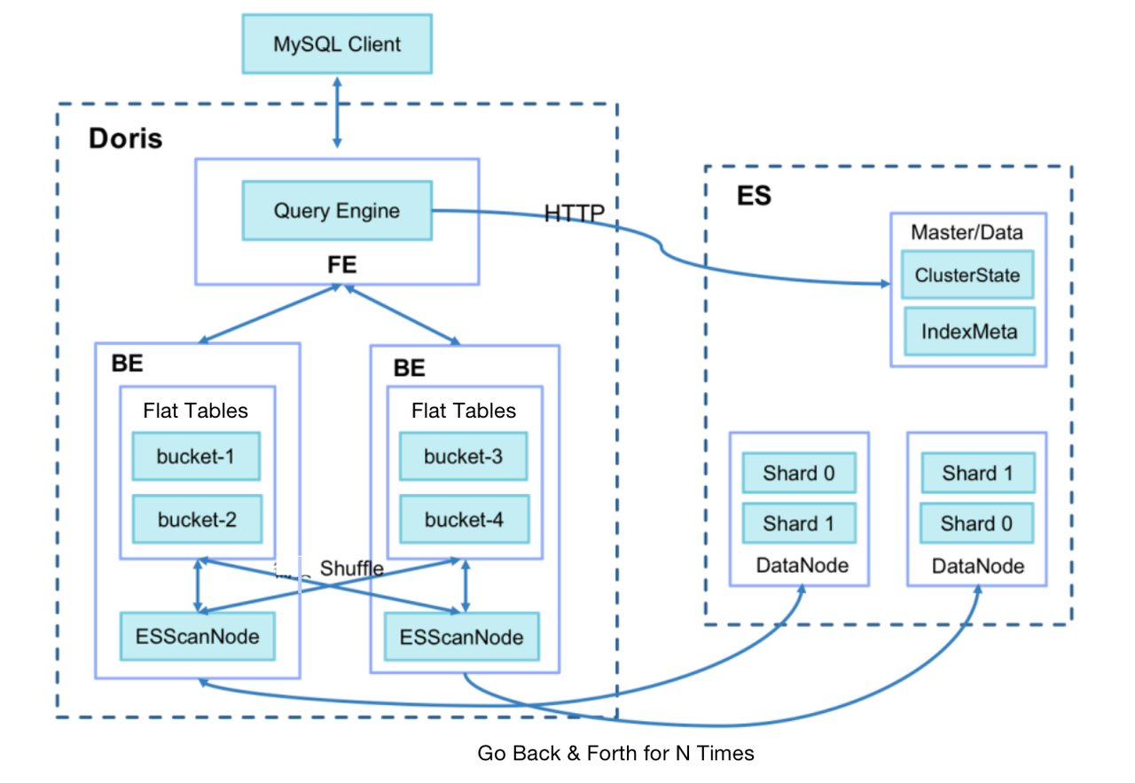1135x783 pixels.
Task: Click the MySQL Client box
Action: tap(337, 43)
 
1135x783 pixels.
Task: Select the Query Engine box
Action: tap(337, 211)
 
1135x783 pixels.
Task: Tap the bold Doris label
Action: tap(125, 138)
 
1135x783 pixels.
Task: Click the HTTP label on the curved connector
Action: tap(574, 213)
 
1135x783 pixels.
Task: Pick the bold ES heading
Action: tap(754, 195)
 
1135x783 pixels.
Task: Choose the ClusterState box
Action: tap(967, 275)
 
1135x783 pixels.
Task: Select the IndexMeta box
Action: tap(968, 332)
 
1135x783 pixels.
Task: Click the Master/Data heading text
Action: tap(967, 232)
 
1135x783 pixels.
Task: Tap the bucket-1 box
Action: tap(196, 457)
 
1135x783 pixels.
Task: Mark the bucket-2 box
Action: tap(197, 520)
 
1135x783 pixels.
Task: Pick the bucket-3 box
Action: tap(464, 457)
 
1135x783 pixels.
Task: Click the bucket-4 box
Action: tap(464, 520)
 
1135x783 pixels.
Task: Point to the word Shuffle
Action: tap(351, 568)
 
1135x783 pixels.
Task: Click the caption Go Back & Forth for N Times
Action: tap(615, 753)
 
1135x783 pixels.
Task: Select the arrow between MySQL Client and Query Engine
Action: tap(336, 111)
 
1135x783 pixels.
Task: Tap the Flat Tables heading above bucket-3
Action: tap(464, 411)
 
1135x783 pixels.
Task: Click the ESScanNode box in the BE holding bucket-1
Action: tap(198, 636)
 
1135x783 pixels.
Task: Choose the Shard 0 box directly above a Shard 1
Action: tap(799, 473)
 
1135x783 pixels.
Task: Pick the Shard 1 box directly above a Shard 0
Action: tap(977, 473)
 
